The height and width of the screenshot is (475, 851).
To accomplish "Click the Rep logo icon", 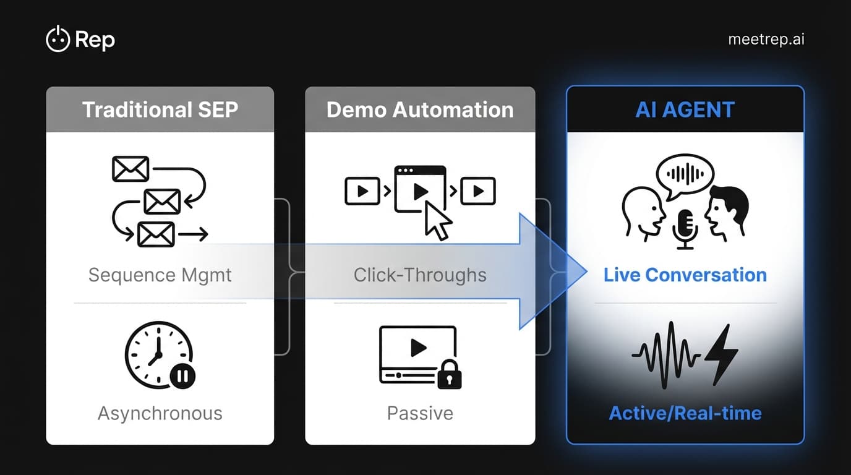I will pyautogui.click(x=58, y=40).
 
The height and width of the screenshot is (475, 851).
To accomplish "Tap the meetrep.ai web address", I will pyautogui.click(x=766, y=40).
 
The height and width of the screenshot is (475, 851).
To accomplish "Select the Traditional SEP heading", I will pyautogui.click(x=160, y=109).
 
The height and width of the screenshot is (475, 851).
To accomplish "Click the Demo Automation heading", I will pyautogui.click(x=420, y=109).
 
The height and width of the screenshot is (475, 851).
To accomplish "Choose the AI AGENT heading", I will pyautogui.click(x=685, y=109).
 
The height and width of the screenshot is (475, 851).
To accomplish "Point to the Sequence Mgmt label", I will pyautogui.click(x=160, y=275).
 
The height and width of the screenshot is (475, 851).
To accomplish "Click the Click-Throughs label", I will pyautogui.click(x=420, y=275).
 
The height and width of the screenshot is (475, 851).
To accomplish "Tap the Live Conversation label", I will pyautogui.click(x=685, y=275).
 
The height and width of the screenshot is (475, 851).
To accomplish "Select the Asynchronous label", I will pyautogui.click(x=160, y=413).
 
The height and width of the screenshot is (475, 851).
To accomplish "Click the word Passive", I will pyautogui.click(x=420, y=413).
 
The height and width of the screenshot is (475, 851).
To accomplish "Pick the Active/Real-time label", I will pyautogui.click(x=685, y=413).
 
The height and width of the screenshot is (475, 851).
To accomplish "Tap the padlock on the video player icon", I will pyautogui.click(x=448, y=375).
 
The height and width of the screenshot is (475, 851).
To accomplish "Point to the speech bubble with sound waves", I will pyautogui.click(x=684, y=173).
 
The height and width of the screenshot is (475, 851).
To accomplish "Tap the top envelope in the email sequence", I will pyautogui.click(x=130, y=169).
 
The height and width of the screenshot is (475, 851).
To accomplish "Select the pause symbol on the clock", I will pyautogui.click(x=182, y=375).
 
